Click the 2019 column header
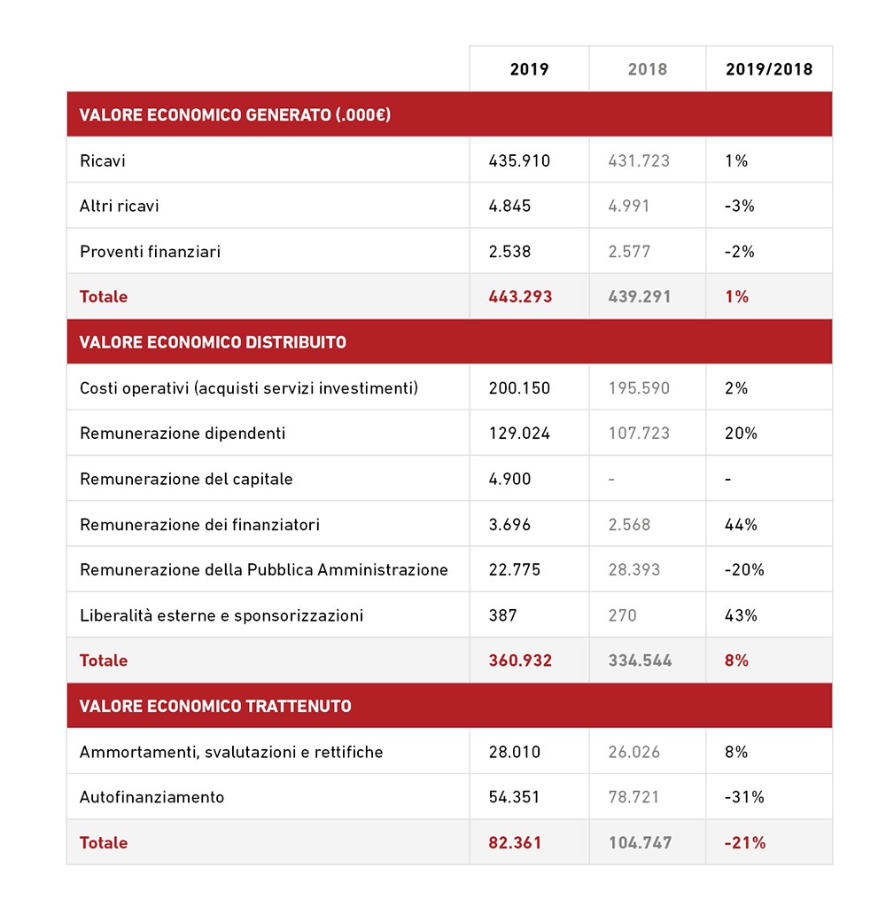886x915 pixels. coord(529,69)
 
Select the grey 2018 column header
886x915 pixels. coord(647,69)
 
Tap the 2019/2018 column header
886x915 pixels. coord(768,69)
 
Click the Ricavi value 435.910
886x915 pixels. coord(519,161)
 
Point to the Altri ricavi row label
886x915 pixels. coord(119,207)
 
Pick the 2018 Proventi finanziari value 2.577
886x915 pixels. coord(629,252)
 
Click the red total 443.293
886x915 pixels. coord(520,297)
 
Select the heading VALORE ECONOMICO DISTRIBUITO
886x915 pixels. coord(213,342)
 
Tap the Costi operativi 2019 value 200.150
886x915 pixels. coord(519,388)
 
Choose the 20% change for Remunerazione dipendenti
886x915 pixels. coord(741,434)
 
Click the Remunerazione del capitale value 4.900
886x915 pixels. coord(509,480)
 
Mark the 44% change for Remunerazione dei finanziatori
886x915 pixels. coord(741,525)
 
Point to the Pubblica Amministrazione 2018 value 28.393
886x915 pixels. coord(633,570)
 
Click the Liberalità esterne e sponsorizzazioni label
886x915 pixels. coord(221,615)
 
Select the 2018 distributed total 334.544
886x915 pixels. coord(640,661)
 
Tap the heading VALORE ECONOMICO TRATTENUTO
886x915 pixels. coord(215,707)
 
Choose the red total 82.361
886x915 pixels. coord(515,843)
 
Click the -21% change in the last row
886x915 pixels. coord(744,843)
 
